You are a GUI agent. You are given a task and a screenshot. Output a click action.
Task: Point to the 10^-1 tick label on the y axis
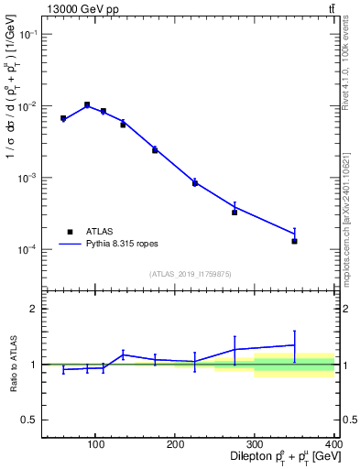click(x=27, y=34)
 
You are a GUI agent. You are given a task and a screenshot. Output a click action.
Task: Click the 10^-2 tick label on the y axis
click(x=27, y=106)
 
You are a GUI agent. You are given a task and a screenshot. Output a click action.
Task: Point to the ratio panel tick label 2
click(x=33, y=309)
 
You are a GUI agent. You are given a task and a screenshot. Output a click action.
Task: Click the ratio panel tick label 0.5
click(x=29, y=420)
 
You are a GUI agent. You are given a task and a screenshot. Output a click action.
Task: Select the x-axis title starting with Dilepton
click(x=280, y=458)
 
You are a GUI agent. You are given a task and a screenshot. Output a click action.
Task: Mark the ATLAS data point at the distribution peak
click(x=87, y=105)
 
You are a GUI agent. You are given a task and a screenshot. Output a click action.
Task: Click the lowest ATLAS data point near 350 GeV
click(x=294, y=241)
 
